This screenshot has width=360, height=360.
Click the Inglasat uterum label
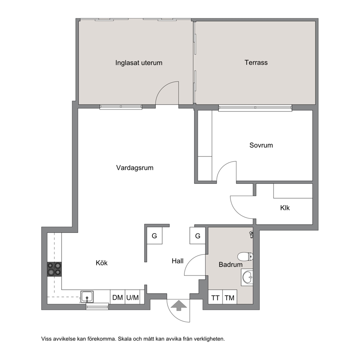point(139,63)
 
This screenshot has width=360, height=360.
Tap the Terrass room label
point(256,62)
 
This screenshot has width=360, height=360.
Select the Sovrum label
point(261,145)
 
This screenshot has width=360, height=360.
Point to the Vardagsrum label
point(135,168)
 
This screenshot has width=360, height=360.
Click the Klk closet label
point(285,208)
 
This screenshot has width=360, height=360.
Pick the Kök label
point(102,263)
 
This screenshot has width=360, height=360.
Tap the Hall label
point(177,261)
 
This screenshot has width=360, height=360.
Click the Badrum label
point(230,265)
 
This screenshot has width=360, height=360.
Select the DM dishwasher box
point(118,297)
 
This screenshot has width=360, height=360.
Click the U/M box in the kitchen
point(132,297)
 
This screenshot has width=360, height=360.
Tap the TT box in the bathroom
point(215,298)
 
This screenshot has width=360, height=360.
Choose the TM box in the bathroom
point(230,298)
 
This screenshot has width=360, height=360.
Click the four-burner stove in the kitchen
point(54,269)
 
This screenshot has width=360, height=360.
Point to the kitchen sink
point(87,296)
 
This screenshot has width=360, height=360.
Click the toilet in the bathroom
point(245,257)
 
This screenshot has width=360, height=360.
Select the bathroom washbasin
point(247,277)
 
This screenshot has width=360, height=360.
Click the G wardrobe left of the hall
point(155,236)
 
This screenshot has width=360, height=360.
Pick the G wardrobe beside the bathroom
point(197,236)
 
